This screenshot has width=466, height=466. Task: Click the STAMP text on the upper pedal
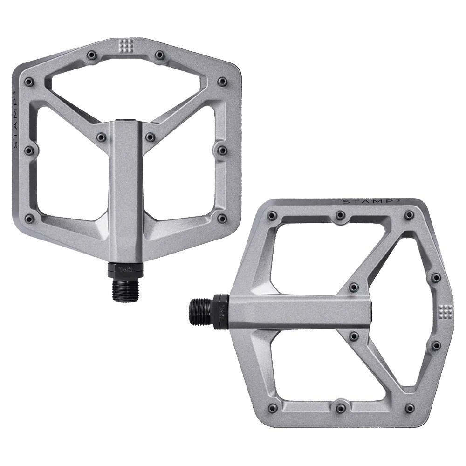(17, 116)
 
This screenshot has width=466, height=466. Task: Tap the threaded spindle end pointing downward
(123, 289)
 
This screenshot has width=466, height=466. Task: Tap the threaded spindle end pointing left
(200, 309)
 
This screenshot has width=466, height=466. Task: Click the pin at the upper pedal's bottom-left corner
(30, 218)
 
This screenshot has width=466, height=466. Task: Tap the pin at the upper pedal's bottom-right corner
(219, 218)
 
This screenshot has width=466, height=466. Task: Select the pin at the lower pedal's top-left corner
(270, 215)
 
